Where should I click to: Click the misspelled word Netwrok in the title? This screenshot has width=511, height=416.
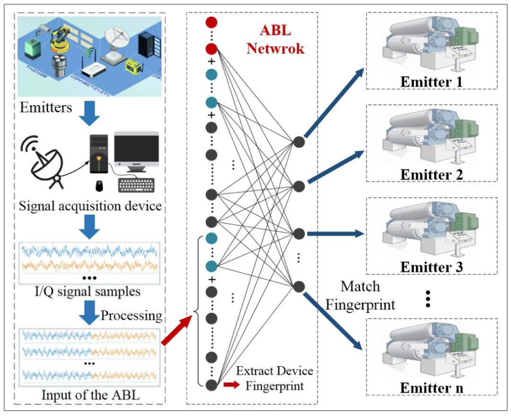[282, 48]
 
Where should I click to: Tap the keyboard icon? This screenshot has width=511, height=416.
[139, 185]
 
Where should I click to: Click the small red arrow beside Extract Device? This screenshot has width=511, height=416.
[231, 385]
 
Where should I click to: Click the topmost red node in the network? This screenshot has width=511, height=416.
[211, 22]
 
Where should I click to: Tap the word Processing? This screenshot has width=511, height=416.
[132, 315]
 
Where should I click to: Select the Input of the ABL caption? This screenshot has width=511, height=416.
[90, 395]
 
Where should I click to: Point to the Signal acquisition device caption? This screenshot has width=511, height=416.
[89, 207]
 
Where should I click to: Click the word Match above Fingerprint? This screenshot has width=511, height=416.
[361, 286]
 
